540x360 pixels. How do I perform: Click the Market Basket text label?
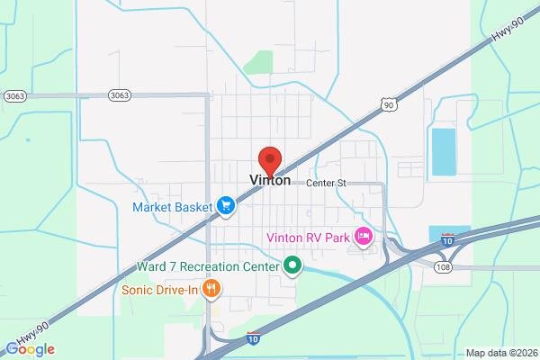click(173, 207)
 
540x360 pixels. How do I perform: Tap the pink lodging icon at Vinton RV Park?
click(364, 237)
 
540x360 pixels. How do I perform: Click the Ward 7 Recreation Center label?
click(208, 266)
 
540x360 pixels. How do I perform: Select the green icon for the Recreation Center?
click(292, 265)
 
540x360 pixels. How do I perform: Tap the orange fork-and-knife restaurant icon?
click(211, 289)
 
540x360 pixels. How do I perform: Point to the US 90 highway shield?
click(388, 105)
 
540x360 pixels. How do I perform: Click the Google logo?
click(31, 349)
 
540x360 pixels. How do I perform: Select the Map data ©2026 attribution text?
click(500, 353)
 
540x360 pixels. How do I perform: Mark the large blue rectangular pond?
click(443, 151)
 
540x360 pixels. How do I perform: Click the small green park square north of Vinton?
click(259, 62)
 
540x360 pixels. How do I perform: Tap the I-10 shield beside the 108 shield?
click(447, 238)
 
